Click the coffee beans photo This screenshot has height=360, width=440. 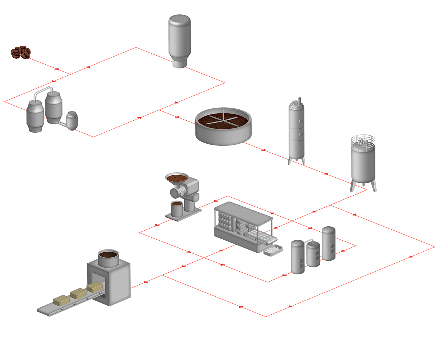[21, 52]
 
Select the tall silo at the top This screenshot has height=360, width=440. [179, 38]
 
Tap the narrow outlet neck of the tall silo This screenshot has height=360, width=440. [179, 64]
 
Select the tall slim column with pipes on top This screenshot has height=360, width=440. [296, 132]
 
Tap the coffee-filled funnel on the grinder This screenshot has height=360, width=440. [176, 178]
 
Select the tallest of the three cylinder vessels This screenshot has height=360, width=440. [329, 243]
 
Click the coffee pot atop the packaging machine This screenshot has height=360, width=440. [108, 258]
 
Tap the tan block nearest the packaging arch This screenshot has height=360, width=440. [95, 286]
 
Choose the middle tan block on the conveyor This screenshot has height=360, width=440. [78, 293]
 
